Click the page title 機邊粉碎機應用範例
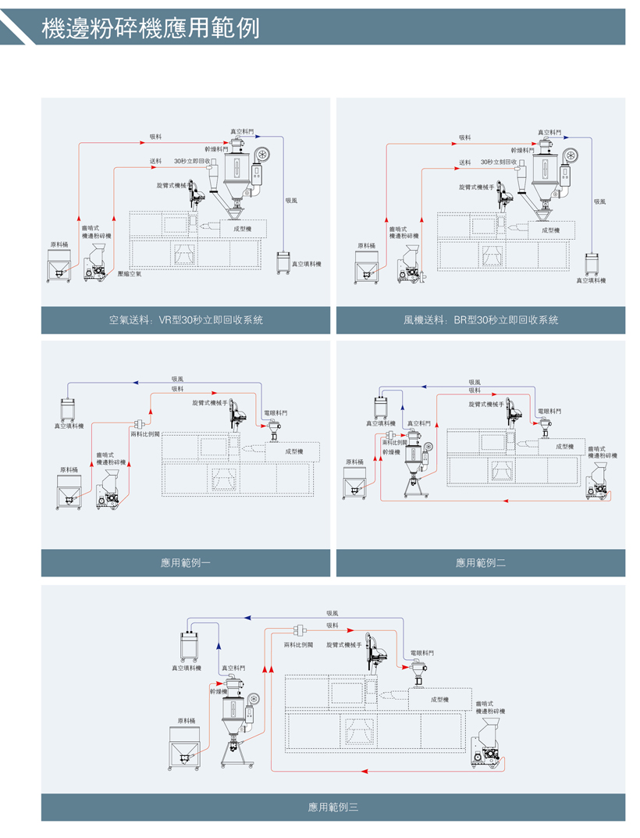pyautogui.click(x=150, y=28)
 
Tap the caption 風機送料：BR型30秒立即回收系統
pyautogui.click(x=481, y=320)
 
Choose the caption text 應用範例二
pyautogui.click(x=481, y=562)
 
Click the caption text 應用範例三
pyautogui.click(x=333, y=807)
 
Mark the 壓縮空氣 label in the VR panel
pyautogui.click(x=129, y=274)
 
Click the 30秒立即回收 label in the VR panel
pyautogui.click(x=192, y=161)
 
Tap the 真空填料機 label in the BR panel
pyautogui.click(x=591, y=280)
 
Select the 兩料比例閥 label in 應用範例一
pyautogui.click(x=145, y=433)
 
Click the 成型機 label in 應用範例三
pyautogui.click(x=439, y=700)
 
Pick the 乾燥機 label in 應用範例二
pyautogui.click(x=391, y=451)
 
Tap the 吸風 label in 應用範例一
pyautogui.click(x=177, y=379)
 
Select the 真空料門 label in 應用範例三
pyautogui.click(x=233, y=668)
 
